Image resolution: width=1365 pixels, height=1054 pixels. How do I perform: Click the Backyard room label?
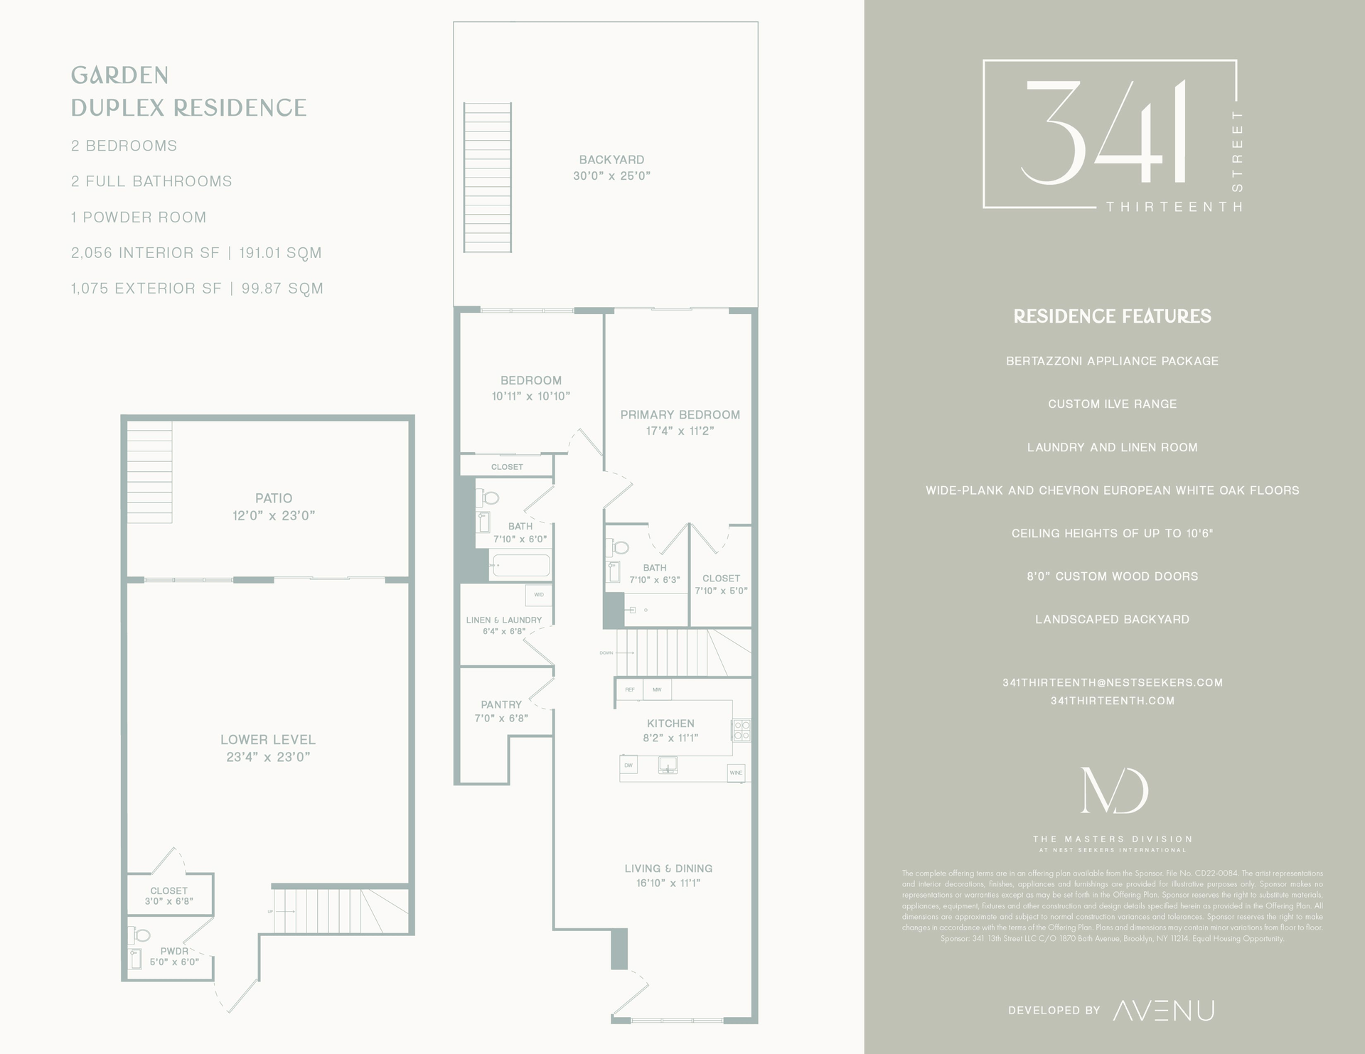point(611,160)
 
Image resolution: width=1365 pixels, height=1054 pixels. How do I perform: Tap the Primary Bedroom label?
point(680,415)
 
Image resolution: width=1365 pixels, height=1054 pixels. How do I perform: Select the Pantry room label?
point(501,704)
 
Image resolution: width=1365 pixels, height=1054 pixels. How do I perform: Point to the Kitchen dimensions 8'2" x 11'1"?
point(670,738)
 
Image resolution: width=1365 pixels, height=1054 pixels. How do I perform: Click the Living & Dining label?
point(668,869)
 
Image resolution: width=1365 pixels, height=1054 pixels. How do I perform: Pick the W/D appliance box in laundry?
point(538,595)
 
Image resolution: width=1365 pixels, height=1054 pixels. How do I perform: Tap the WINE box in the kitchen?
point(735,773)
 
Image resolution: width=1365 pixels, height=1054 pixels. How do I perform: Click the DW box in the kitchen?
point(628,765)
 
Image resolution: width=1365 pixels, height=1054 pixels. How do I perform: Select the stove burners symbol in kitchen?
point(742,730)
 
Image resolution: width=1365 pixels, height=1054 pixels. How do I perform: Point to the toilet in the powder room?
point(141,935)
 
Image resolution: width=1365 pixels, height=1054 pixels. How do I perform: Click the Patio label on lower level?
point(274,498)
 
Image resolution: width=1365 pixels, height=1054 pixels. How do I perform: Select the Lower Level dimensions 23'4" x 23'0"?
point(268,757)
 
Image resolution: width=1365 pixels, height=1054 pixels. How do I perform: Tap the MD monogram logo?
point(1113,790)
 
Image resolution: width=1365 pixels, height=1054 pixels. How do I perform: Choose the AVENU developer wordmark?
point(1163,1010)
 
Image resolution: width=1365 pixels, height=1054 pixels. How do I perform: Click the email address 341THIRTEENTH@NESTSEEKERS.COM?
point(1113,682)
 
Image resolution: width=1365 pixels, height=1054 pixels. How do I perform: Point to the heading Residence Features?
point(1112,316)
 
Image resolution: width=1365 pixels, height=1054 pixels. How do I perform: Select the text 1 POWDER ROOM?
point(139,217)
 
